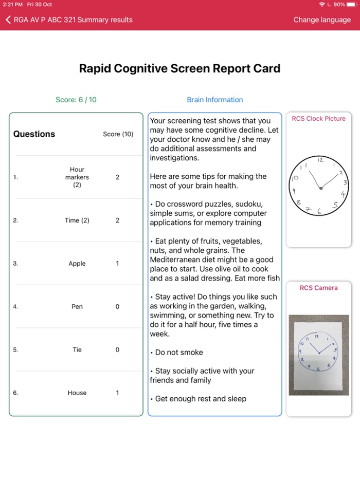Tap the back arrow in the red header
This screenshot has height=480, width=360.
coord(8,20)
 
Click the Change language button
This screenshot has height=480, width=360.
coord(321,20)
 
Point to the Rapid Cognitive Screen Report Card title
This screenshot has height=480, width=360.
coord(179,69)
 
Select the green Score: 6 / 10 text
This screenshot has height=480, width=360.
coord(76,100)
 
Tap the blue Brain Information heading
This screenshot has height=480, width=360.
coord(215,100)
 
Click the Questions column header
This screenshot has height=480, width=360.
coord(34,134)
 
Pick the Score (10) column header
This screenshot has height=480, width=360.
coord(118,134)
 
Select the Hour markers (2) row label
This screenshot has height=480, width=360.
coord(77,177)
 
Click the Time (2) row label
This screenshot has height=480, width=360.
coord(77,220)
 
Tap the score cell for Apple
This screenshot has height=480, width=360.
coord(117,264)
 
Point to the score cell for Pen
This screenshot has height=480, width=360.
coord(117,307)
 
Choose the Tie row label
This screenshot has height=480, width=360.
coord(77,350)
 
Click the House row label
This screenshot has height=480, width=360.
coord(77,393)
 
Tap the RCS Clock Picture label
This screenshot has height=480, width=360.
coord(319,119)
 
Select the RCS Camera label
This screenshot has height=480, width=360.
coord(319,288)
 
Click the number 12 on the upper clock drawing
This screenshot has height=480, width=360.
coord(320,160)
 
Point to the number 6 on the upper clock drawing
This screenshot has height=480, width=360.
coord(319,211)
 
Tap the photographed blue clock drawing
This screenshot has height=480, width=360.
coord(319,354)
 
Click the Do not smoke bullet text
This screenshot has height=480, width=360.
coord(179,353)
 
